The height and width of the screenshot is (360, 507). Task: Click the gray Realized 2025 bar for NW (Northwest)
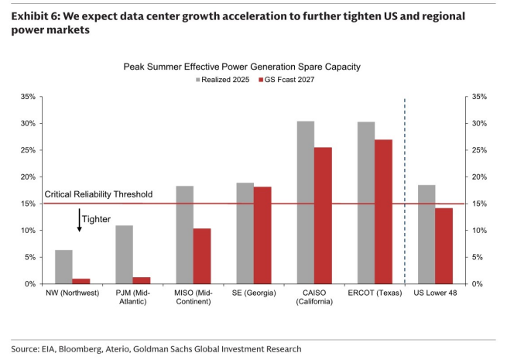click(x=63, y=267)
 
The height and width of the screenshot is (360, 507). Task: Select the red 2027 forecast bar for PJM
click(x=142, y=280)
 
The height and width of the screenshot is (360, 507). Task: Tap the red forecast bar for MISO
click(x=202, y=256)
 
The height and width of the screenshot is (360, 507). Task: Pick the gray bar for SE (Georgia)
click(x=245, y=233)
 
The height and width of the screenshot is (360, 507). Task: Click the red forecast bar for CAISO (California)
click(x=323, y=216)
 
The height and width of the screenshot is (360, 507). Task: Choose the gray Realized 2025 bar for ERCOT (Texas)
click(x=366, y=203)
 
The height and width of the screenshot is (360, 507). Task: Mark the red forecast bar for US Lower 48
click(x=444, y=246)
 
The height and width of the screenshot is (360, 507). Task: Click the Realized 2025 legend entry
click(x=222, y=80)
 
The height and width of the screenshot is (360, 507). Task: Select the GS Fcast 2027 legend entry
click(x=286, y=80)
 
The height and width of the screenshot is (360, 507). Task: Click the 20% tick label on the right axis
click(x=479, y=177)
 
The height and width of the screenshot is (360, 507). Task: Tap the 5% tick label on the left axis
click(x=29, y=257)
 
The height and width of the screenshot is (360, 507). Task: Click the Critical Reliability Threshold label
click(x=98, y=194)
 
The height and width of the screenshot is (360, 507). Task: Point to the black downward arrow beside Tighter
click(x=79, y=221)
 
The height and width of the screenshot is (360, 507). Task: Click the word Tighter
click(x=96, y=219)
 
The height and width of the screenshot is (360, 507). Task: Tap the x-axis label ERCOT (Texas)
click(x=375, y=293)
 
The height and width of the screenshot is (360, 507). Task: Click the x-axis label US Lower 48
click(x=435, y=293)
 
